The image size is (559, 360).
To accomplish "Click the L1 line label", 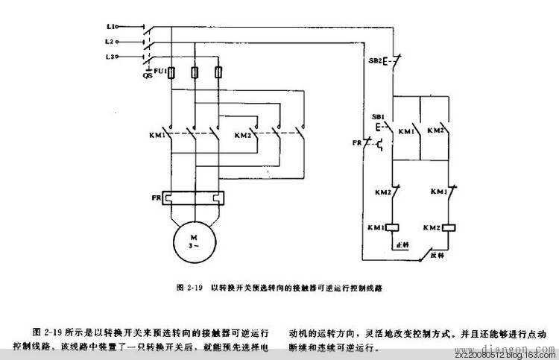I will (x=109, y=26).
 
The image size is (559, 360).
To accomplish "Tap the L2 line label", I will (x=109, y=41).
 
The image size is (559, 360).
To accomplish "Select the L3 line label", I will (x=109, y=57).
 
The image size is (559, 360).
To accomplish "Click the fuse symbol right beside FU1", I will (x=173, y=72).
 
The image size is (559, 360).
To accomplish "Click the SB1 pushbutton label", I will (x=377, y=118).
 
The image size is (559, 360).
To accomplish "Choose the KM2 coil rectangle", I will (x=448, y=227).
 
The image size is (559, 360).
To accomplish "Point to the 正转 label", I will (x=403, y=244).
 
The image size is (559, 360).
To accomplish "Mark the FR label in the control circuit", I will (x=358, y=142).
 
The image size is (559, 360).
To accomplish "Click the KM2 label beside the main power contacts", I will (x=243, y=136).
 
